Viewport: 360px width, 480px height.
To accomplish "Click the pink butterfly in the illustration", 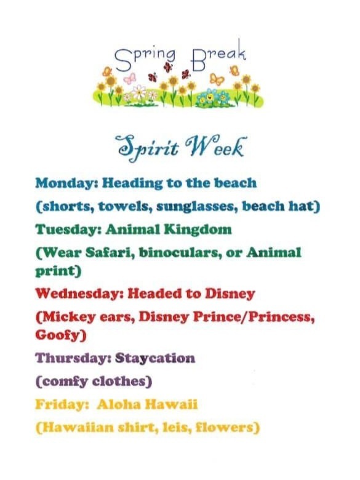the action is click(x=130, y=78).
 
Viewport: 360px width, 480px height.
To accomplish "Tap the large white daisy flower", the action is click(x=139, y=91).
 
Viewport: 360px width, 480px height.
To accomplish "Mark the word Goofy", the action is click(x=61, y=335).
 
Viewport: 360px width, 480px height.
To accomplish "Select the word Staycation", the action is click(x=155, y=359).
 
